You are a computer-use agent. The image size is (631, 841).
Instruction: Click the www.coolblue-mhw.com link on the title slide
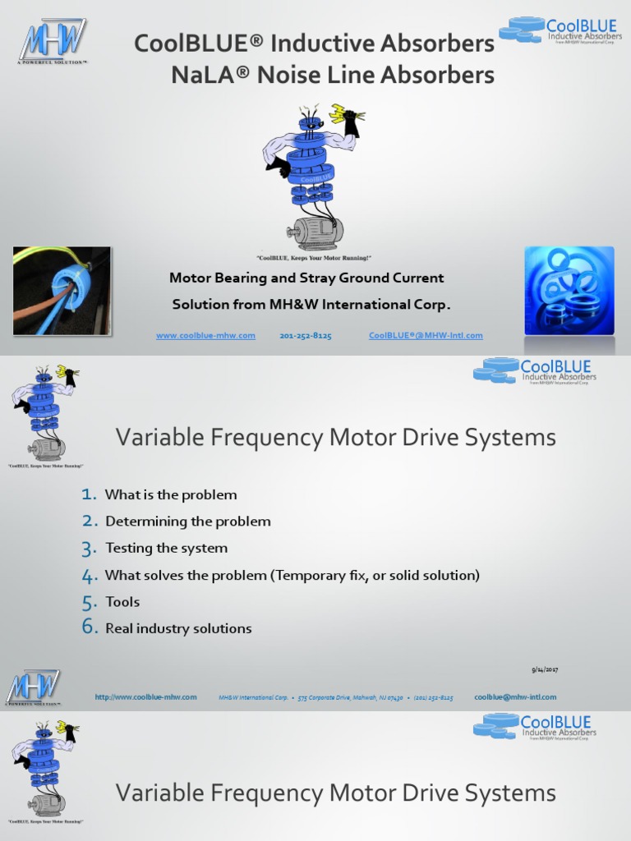pos(205,336)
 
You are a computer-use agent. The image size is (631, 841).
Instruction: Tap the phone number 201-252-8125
pos(306,336)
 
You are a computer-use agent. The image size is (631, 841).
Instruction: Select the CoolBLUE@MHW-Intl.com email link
pos(426,336)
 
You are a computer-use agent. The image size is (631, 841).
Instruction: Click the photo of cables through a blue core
pos(62,291)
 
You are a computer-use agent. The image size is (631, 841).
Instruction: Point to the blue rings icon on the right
pos(569,291)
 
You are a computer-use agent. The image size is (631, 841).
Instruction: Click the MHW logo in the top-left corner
pos(53,41)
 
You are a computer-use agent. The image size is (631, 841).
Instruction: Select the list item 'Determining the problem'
pos(187,522)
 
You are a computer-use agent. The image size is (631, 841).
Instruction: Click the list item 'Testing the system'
pos(166,548)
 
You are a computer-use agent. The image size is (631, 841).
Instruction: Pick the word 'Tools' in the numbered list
pos(122,602)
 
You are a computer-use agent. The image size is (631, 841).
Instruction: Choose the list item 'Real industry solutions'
pos(178,629)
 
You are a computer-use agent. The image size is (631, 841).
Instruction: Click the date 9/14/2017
pos(545,670)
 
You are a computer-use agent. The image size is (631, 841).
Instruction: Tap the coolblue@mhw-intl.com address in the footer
pos(515,697)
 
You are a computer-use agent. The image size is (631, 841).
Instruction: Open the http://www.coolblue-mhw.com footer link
pos(145,697)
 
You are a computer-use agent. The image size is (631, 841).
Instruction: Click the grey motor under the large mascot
pos(315,232)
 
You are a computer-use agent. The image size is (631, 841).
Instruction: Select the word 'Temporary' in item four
pos(311,575)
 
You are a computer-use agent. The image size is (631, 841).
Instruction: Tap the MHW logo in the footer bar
pos(33,687)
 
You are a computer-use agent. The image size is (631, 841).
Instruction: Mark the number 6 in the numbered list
pos(90,628)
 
